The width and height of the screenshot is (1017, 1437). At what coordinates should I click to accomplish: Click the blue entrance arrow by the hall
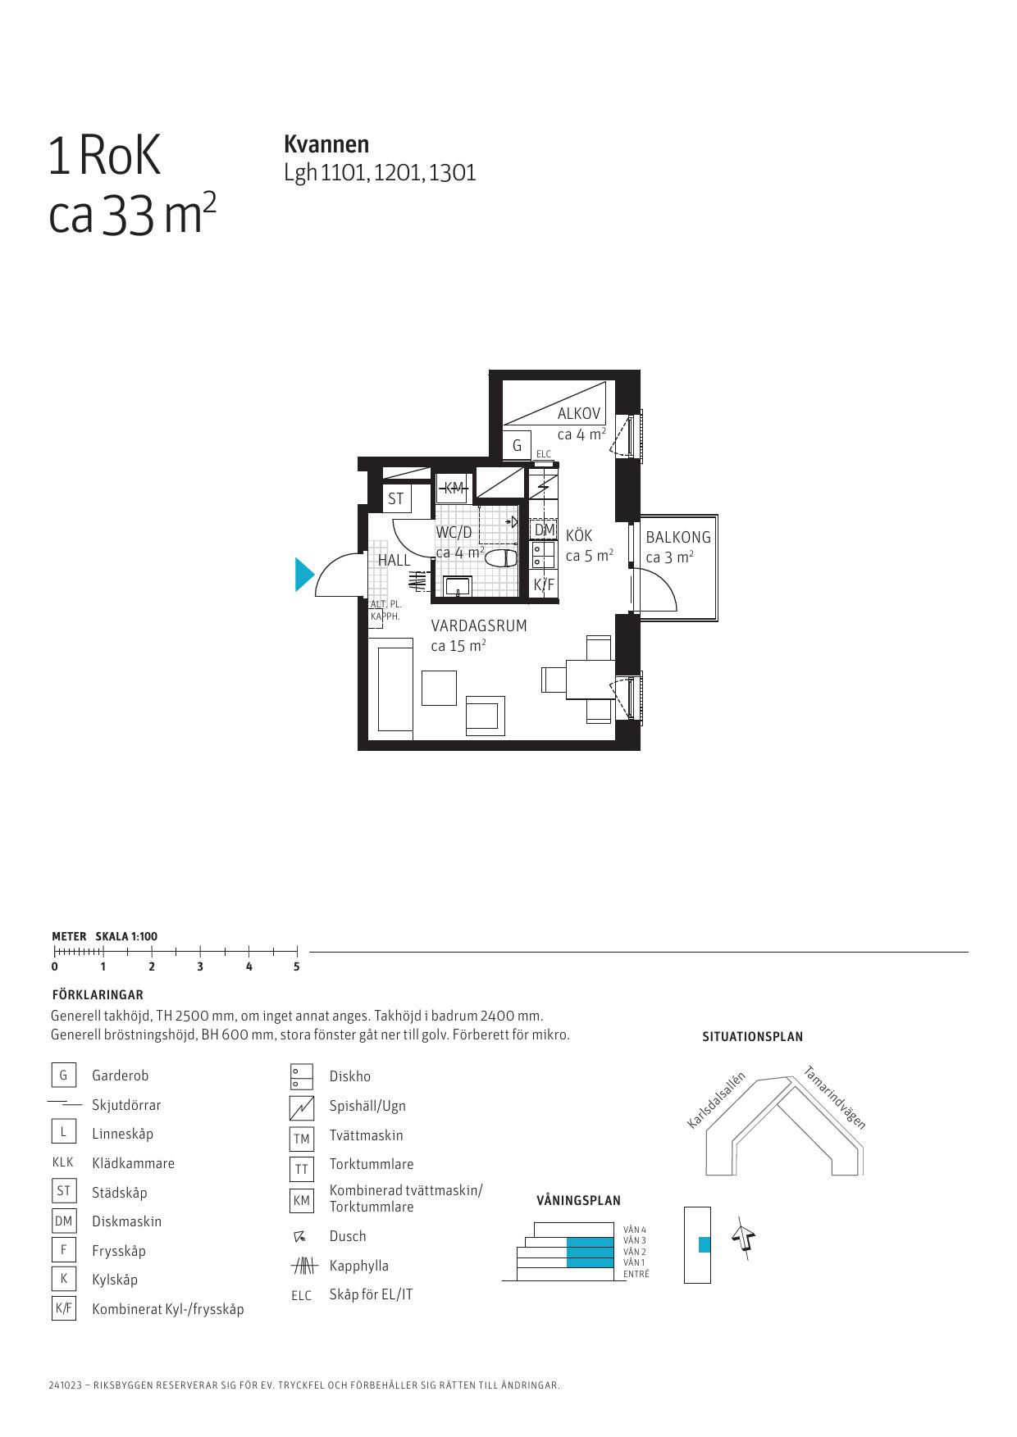tap(303, 574)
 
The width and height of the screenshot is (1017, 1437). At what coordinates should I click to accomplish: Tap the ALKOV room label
tap(579, 414)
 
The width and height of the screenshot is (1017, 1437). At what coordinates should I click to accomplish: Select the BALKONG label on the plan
tap(678, 538)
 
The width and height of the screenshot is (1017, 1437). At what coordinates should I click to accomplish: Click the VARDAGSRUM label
tap(479, 625)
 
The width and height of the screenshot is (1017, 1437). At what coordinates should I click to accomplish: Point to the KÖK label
tap(579, 535)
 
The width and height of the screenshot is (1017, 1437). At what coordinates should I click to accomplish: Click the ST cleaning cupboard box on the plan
tap(397, 498)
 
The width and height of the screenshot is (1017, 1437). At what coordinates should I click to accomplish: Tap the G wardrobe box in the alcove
tap(517, 446)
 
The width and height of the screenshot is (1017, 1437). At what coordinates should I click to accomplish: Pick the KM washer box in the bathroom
tap(453, 488)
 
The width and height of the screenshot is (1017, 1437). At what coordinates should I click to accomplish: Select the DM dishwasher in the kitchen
tap(544, 530)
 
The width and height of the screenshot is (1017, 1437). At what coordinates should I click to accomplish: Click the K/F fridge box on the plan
tap(544, 584)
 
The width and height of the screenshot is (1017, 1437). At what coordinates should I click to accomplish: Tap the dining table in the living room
tap(590, 680)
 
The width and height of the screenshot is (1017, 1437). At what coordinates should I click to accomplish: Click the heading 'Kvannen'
tap(326, 144)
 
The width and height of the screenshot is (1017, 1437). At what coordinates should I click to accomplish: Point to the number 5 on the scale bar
tap(297, 966)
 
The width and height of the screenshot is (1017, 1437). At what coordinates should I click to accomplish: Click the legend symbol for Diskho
tap(302, 1076)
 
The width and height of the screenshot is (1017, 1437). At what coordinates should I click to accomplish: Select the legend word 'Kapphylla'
tap(359, 1266)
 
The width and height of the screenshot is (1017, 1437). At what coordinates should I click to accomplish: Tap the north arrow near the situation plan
tap(744, 1238)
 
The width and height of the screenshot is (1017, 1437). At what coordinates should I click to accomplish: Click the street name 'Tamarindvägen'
tap(835, 1097)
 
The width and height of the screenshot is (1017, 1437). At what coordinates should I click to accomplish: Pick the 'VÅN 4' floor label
tap(635, 1230)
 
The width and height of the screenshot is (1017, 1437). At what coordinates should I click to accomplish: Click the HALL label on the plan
tap(394, 561)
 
